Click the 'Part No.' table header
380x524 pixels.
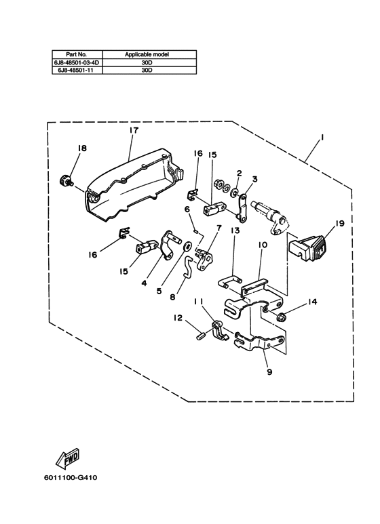pyautogui.click(x=76, y=54)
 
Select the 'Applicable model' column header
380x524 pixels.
pyautogui.click(x=147, y=54)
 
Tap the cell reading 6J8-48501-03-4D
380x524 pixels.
pyautogui.click(x=77, y=62)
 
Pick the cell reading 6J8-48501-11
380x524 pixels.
pyautogui.click(x=77, y=70)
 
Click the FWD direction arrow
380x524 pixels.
pyautogui.click(x=68, y=458)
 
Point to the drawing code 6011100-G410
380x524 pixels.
pyautogui.click(x=71, y=477)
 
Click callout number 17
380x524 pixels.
pyautogui.click(x=134, y=130)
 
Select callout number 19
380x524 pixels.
pyautogui.click(x=340, y=223)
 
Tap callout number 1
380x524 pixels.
pyautogui.click(x=322, y=137)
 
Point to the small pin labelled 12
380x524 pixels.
pyautogui.click(x=200, y=335)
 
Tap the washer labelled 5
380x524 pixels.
pyautogui.click(x=187, y=246)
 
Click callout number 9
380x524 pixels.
pyautogui.click(x=269, y=371)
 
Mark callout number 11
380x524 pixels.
pyautogui.click(x=197, y=302)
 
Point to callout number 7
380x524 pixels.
pyautogui.click(x=219, y=228)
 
